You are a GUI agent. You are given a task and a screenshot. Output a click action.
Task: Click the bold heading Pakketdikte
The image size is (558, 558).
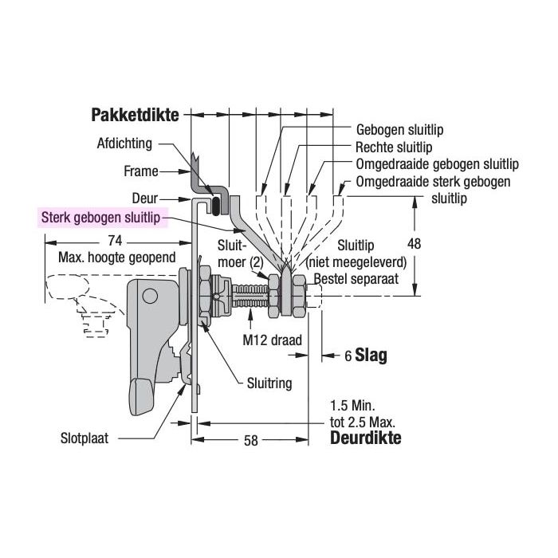point(135,115)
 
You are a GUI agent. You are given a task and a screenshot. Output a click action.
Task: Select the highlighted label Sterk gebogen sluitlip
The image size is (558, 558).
point(100,217)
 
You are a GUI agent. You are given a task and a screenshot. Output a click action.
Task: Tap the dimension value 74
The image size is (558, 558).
point(115,241)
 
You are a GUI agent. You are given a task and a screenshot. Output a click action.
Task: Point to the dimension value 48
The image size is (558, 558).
point(414,244)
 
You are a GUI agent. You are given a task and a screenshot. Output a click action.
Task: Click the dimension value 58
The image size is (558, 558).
point(250,441)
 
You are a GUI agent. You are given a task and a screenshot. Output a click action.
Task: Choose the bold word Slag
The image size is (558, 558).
point(371,356)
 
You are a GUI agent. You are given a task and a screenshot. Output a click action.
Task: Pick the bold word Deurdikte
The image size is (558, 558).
point(365,438)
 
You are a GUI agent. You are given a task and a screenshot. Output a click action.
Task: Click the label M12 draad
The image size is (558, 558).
point(273,340)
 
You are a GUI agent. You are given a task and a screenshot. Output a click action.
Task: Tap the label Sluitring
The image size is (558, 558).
point(269,383)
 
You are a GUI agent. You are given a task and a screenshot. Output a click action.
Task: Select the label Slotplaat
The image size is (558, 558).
point(84,438)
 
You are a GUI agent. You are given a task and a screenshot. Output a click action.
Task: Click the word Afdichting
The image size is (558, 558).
point(124,143)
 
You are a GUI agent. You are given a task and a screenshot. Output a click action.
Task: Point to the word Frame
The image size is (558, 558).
point(141,171)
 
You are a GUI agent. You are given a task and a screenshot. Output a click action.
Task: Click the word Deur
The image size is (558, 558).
point(145,198)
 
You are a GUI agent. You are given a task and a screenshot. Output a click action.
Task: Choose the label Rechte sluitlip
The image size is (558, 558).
point(394,147)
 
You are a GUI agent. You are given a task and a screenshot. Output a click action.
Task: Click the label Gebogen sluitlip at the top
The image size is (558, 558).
point(399,129)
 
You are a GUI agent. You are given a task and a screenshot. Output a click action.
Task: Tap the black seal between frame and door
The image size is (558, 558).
point(216,206)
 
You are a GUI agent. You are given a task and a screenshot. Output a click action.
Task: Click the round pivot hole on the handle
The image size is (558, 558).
point(150,296)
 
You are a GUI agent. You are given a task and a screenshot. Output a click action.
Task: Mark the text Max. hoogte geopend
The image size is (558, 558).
point(117,257)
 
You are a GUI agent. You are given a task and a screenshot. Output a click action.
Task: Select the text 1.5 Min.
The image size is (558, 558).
point(352,405)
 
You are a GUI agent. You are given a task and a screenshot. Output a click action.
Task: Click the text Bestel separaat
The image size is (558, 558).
point(356,278)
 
